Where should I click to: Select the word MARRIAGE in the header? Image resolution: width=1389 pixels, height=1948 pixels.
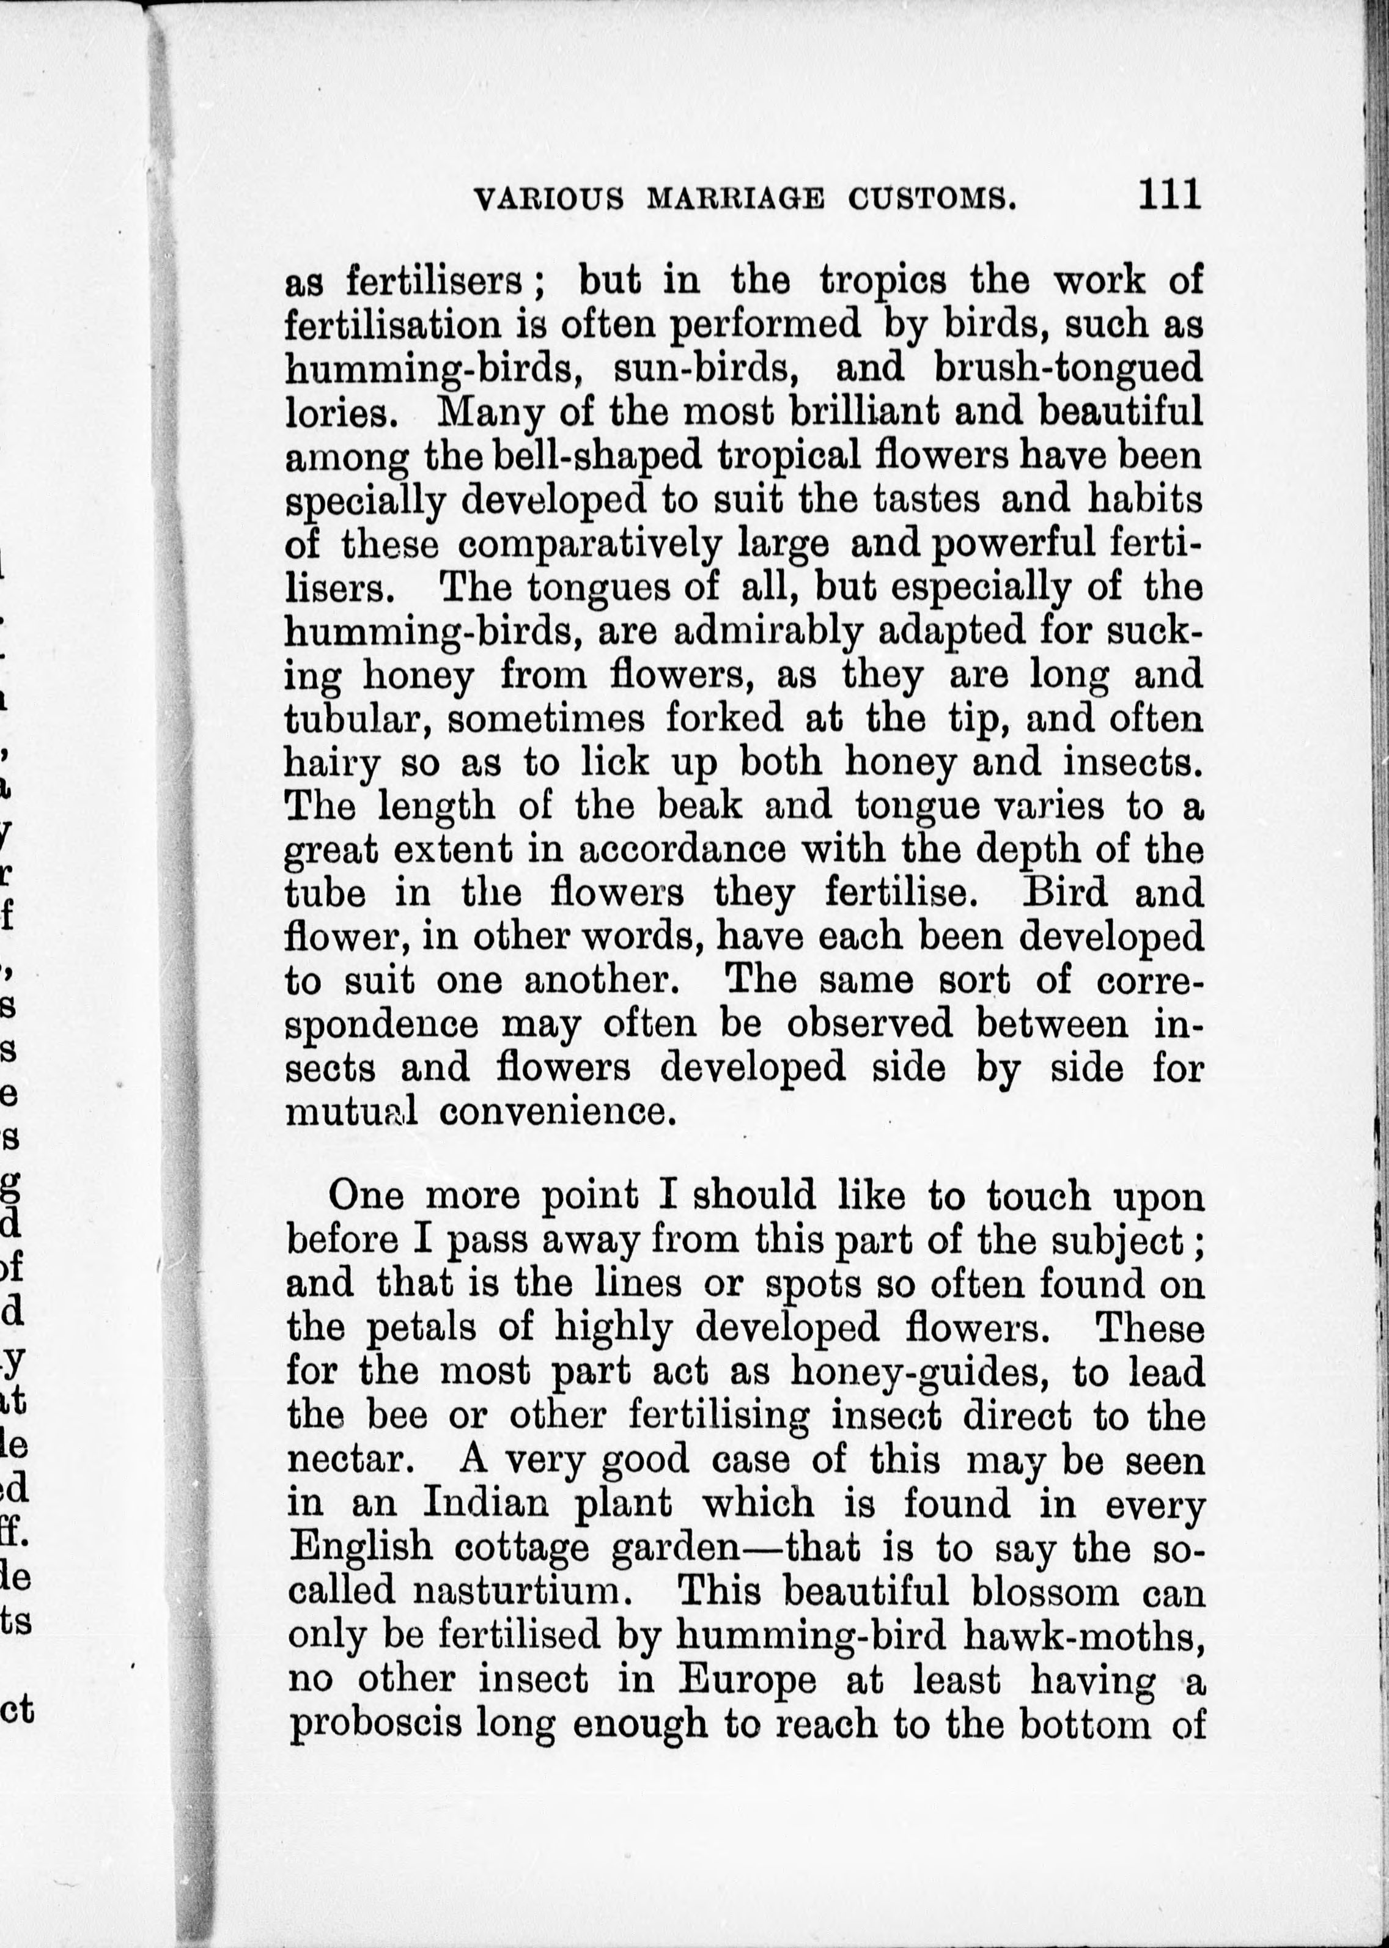tap(735, 199)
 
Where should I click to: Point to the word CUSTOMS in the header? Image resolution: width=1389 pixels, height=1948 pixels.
tap(932, 199)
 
